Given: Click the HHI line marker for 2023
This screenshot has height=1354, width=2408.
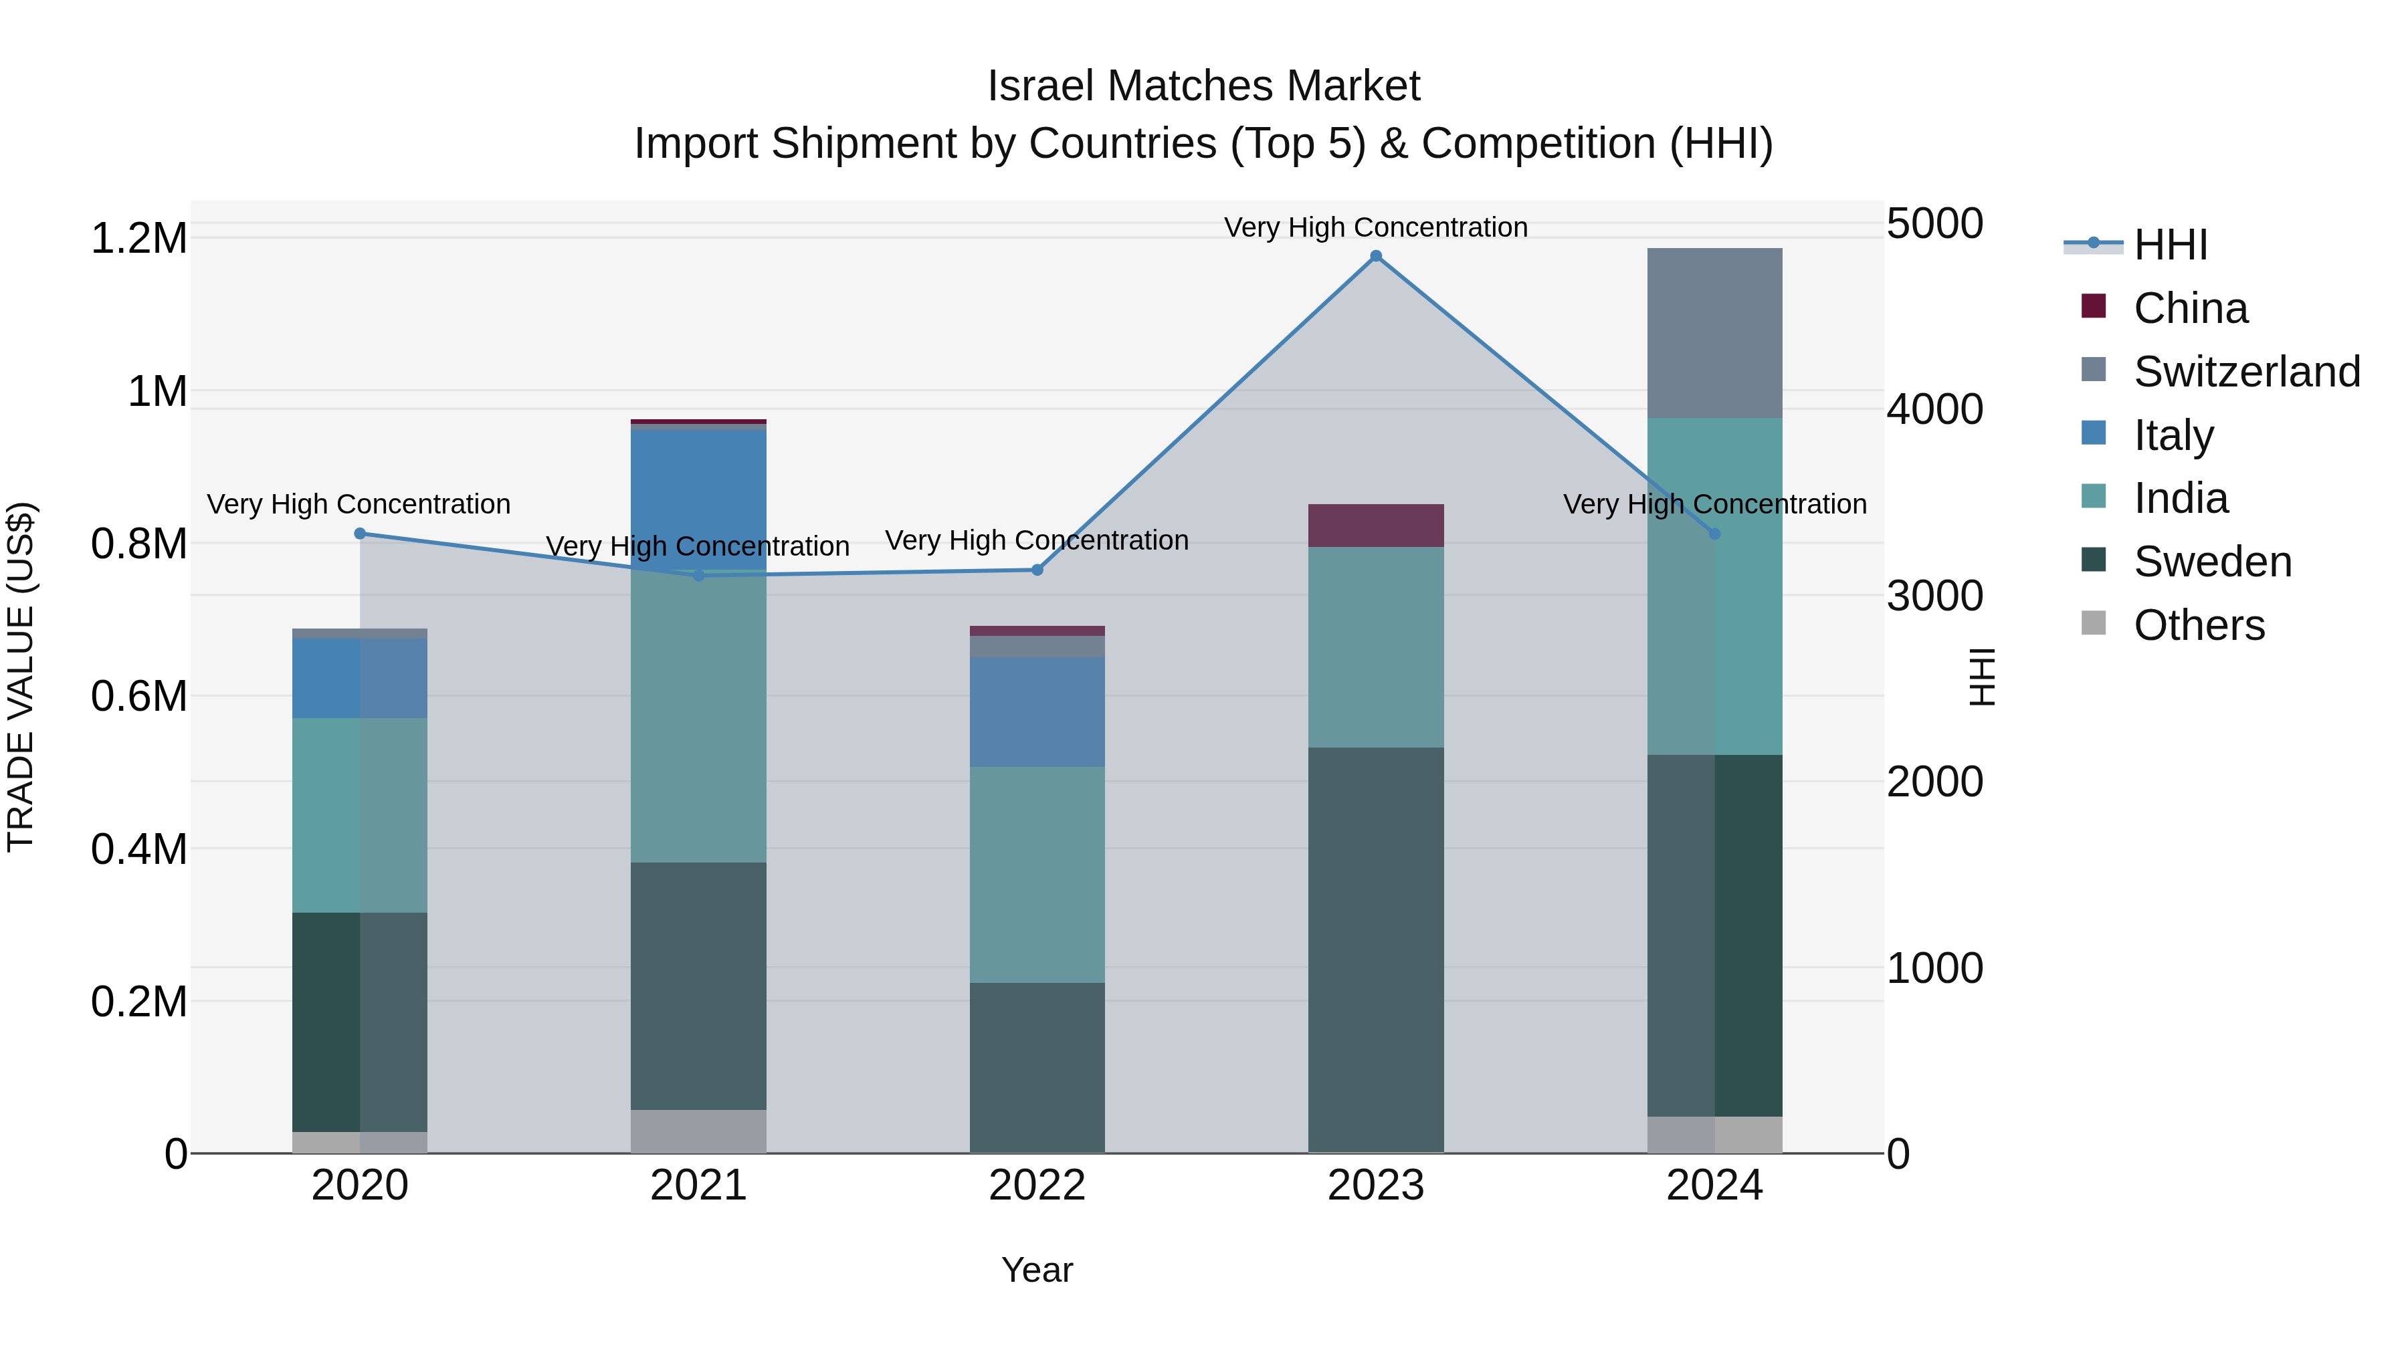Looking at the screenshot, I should (x=1375, y=256).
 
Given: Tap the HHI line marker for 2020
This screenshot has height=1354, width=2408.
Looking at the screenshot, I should (x=360, y=534).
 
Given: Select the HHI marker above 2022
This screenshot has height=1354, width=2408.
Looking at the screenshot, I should (x=1037, y=570).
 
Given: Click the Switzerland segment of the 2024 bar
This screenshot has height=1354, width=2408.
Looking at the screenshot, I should (x=1714, y=333).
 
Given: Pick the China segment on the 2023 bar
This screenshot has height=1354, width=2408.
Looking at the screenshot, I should (x=1375, y=525).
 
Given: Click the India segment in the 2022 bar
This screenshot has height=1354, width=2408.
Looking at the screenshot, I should (x=1037, y=874).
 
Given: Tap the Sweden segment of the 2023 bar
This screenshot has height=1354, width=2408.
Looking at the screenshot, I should (x=1375, y=948).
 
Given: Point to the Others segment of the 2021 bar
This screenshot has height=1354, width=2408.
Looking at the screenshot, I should (x=698, y=1131).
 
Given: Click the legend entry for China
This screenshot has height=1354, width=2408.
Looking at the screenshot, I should (x=2189, y=308).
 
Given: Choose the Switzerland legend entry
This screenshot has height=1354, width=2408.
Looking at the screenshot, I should (x=2246, y=372).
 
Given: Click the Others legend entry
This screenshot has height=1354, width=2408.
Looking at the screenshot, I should (x=2198, y=625).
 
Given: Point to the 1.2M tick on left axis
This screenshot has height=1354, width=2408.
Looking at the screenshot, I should (x=138, y=238).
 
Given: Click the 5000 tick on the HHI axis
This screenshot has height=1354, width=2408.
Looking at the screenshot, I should (x=1934, y=224).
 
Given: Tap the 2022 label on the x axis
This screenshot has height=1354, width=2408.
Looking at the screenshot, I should (x=1037, y=1186).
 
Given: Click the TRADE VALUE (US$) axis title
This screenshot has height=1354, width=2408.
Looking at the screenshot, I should (x=21, y=677).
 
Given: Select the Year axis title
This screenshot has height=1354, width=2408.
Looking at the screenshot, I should (x=1037, y=1270).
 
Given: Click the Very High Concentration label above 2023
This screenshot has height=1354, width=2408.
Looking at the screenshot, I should (x=1375, y=227).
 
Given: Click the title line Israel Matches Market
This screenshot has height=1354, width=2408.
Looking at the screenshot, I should (x=1203, y=86).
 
